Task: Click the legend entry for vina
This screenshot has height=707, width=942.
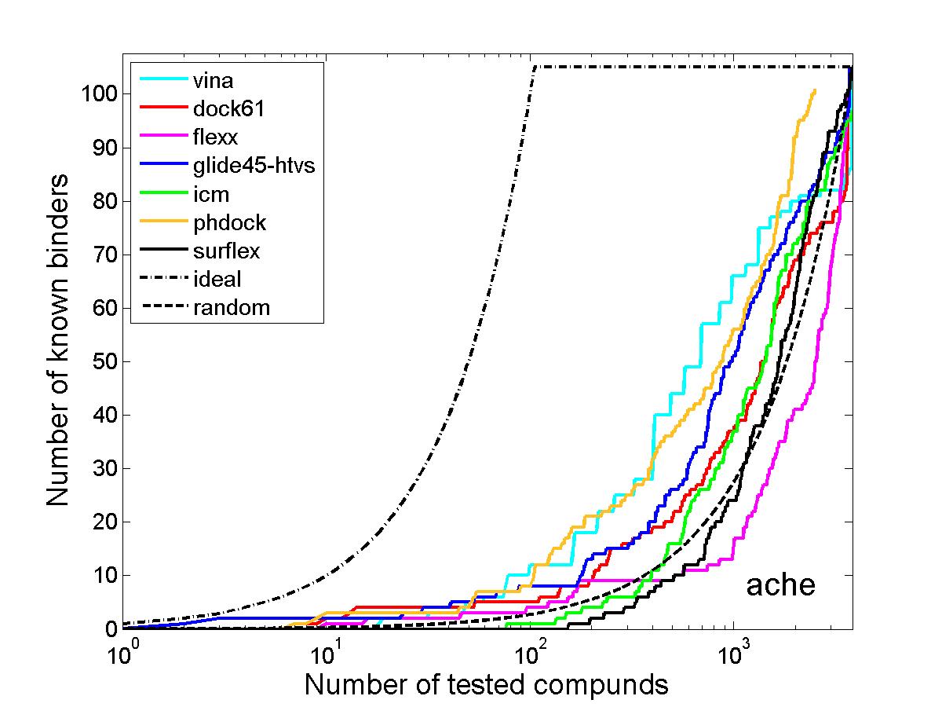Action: [213, 81]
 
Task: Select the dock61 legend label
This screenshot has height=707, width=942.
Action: [228, 108]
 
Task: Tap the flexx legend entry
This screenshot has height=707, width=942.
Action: [215, 137]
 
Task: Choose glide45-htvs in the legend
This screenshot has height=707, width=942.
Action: [254, 165]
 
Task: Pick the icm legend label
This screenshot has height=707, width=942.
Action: [211, 195]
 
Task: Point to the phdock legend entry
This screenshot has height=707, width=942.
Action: [229, 223]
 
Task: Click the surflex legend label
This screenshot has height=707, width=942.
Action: [227, 251]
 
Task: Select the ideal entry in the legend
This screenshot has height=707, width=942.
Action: [217, 279]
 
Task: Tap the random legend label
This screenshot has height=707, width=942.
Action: [232, 308]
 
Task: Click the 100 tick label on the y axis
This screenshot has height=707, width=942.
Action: [99, 93]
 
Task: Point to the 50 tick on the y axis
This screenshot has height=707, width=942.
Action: [104, 361]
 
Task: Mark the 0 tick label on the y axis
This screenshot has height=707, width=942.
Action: [111, 629]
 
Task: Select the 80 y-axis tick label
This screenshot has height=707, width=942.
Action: [104, 201]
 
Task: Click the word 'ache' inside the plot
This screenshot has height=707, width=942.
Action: [781, 584]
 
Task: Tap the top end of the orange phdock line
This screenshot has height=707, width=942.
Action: [815, 90]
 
